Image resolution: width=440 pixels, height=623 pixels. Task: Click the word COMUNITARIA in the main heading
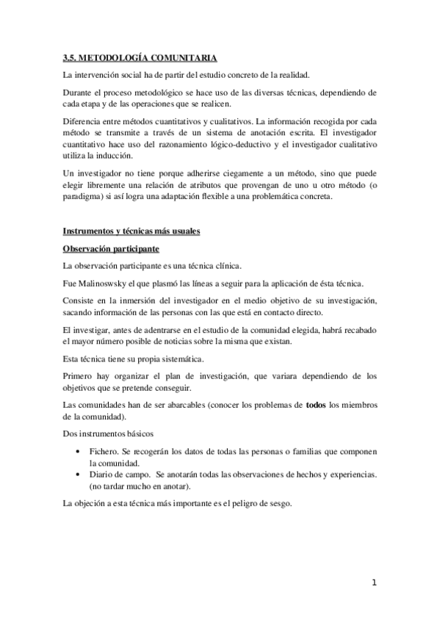point(184,57)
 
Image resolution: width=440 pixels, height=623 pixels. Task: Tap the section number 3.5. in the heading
point(71,57)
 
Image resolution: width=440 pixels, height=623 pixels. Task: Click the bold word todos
point(316,403)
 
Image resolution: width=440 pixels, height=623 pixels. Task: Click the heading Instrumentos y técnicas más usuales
point(131,231)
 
